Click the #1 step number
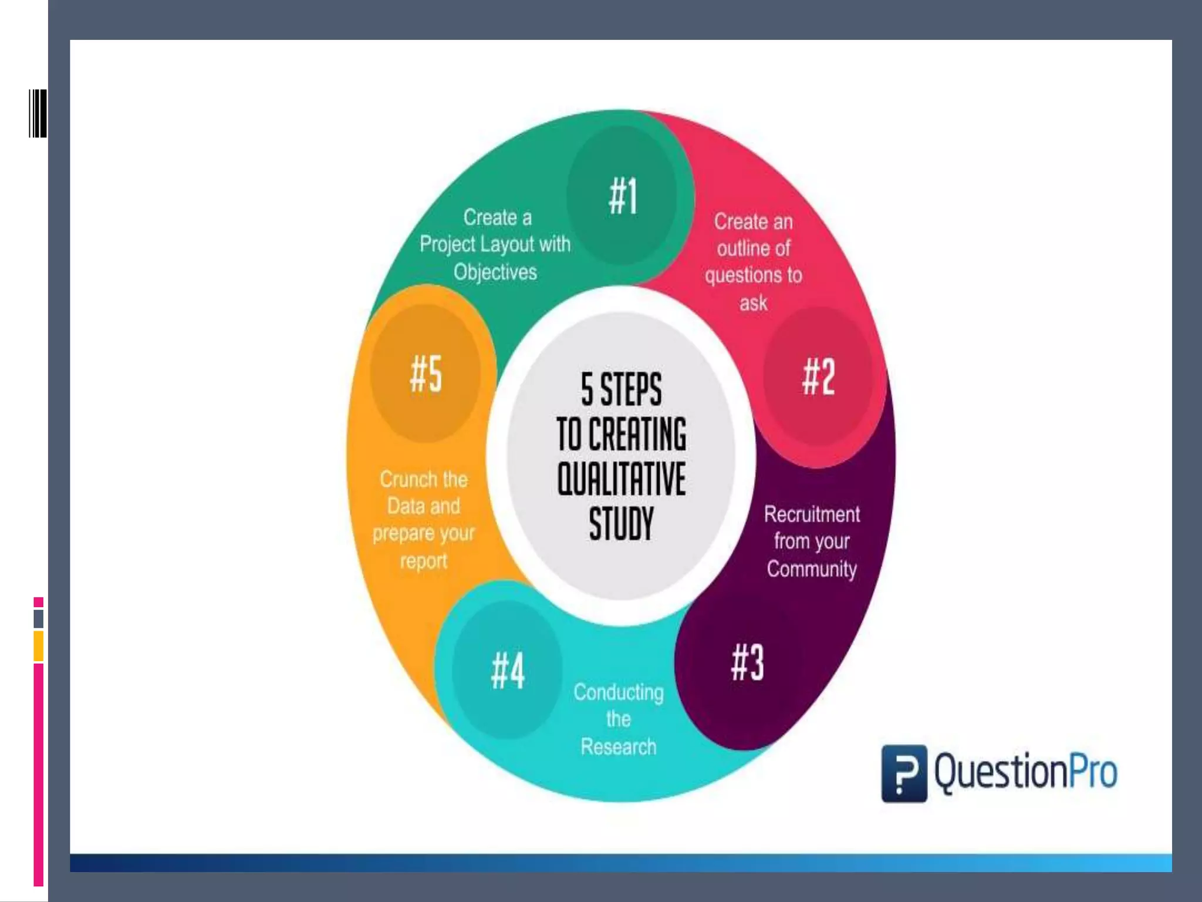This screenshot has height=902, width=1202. coord(623,196)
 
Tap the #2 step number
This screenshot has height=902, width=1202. coord(818,377)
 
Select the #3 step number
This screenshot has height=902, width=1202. coord(748,662)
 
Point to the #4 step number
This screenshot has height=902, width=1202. coord(508,671)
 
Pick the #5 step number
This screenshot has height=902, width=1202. coord(426,374)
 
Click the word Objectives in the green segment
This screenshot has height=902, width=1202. coord(495,272)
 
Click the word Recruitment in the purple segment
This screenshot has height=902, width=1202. coord(812,514)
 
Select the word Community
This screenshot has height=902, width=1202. coord(812,569)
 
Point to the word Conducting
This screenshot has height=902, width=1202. coord(619,692)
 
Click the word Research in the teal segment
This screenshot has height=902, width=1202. coord(619,747)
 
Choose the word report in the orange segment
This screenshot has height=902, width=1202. coord(423,561)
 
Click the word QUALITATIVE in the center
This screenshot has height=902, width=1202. coord(622,479)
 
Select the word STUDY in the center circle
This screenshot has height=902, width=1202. coord(622,524)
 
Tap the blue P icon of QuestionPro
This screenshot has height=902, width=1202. coord(904,773)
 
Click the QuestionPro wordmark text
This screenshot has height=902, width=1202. coord(1026,772)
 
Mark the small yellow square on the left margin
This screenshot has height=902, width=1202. coord(39,646)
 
